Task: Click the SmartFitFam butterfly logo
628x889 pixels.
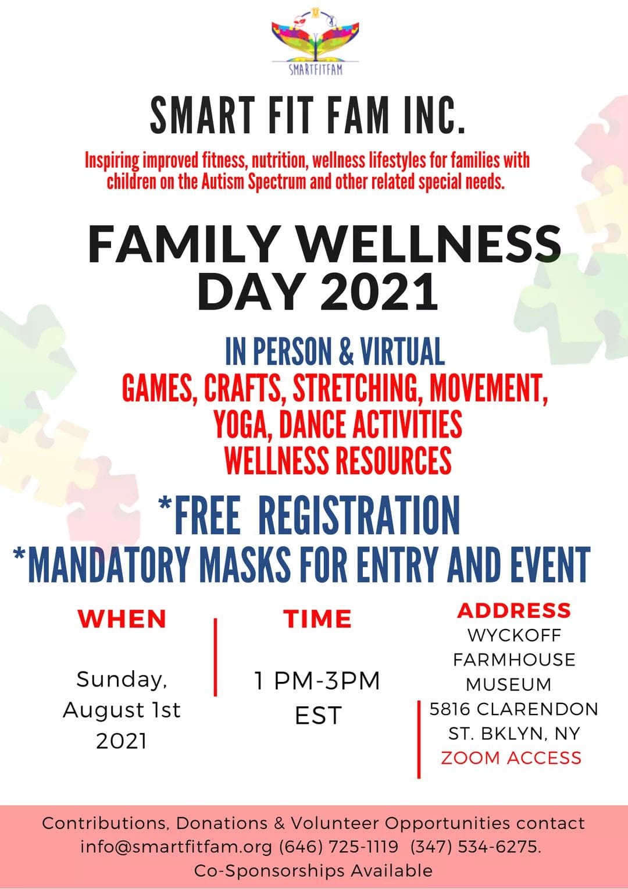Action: (x=315, y=40)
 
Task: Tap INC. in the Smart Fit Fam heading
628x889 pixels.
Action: (x=434, y=116)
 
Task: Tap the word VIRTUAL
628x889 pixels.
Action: (x=402, y=351)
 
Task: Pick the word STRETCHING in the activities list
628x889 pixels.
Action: (x=356, y=387)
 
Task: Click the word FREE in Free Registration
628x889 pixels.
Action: (x=207, y=515)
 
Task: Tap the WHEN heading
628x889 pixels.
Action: (x=122, y=618)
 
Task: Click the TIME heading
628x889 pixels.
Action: (x=317, y=618)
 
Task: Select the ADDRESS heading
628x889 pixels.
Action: (x=514, y=610)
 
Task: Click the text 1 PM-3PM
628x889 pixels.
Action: (x=317, y=681)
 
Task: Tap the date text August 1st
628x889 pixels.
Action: (x=122, y=710)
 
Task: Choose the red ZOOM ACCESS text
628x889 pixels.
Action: (x=511, y=758)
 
